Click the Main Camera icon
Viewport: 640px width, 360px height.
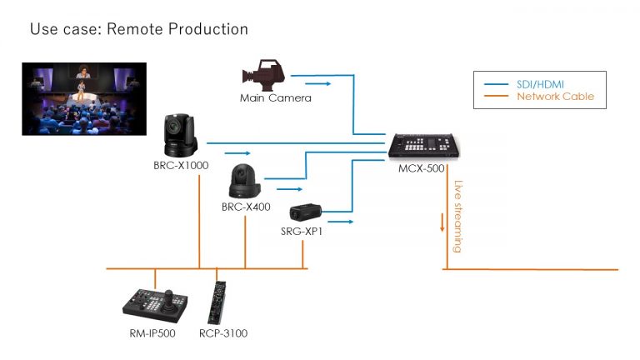263,75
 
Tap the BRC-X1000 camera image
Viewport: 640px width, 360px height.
180,136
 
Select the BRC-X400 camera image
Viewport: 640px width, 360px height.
244,181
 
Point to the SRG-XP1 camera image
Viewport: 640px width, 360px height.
305,212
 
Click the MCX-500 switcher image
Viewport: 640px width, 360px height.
423,145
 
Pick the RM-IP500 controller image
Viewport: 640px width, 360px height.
155,305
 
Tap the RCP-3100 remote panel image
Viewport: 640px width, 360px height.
217,302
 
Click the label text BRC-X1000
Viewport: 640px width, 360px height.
181,165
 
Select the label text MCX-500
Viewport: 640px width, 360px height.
421,168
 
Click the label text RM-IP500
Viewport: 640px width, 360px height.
152,333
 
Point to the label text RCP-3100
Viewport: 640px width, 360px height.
223,333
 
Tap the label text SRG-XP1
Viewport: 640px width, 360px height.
302,232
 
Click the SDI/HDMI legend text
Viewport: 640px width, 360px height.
540,84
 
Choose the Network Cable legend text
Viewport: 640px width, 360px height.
555,97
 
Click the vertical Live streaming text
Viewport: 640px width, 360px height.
458,217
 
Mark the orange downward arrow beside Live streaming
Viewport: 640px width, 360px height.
442,222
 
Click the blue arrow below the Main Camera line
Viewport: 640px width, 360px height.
318,83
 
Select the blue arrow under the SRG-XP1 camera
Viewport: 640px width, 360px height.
340,222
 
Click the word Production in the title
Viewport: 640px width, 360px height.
208,29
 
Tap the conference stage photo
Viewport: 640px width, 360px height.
84,99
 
